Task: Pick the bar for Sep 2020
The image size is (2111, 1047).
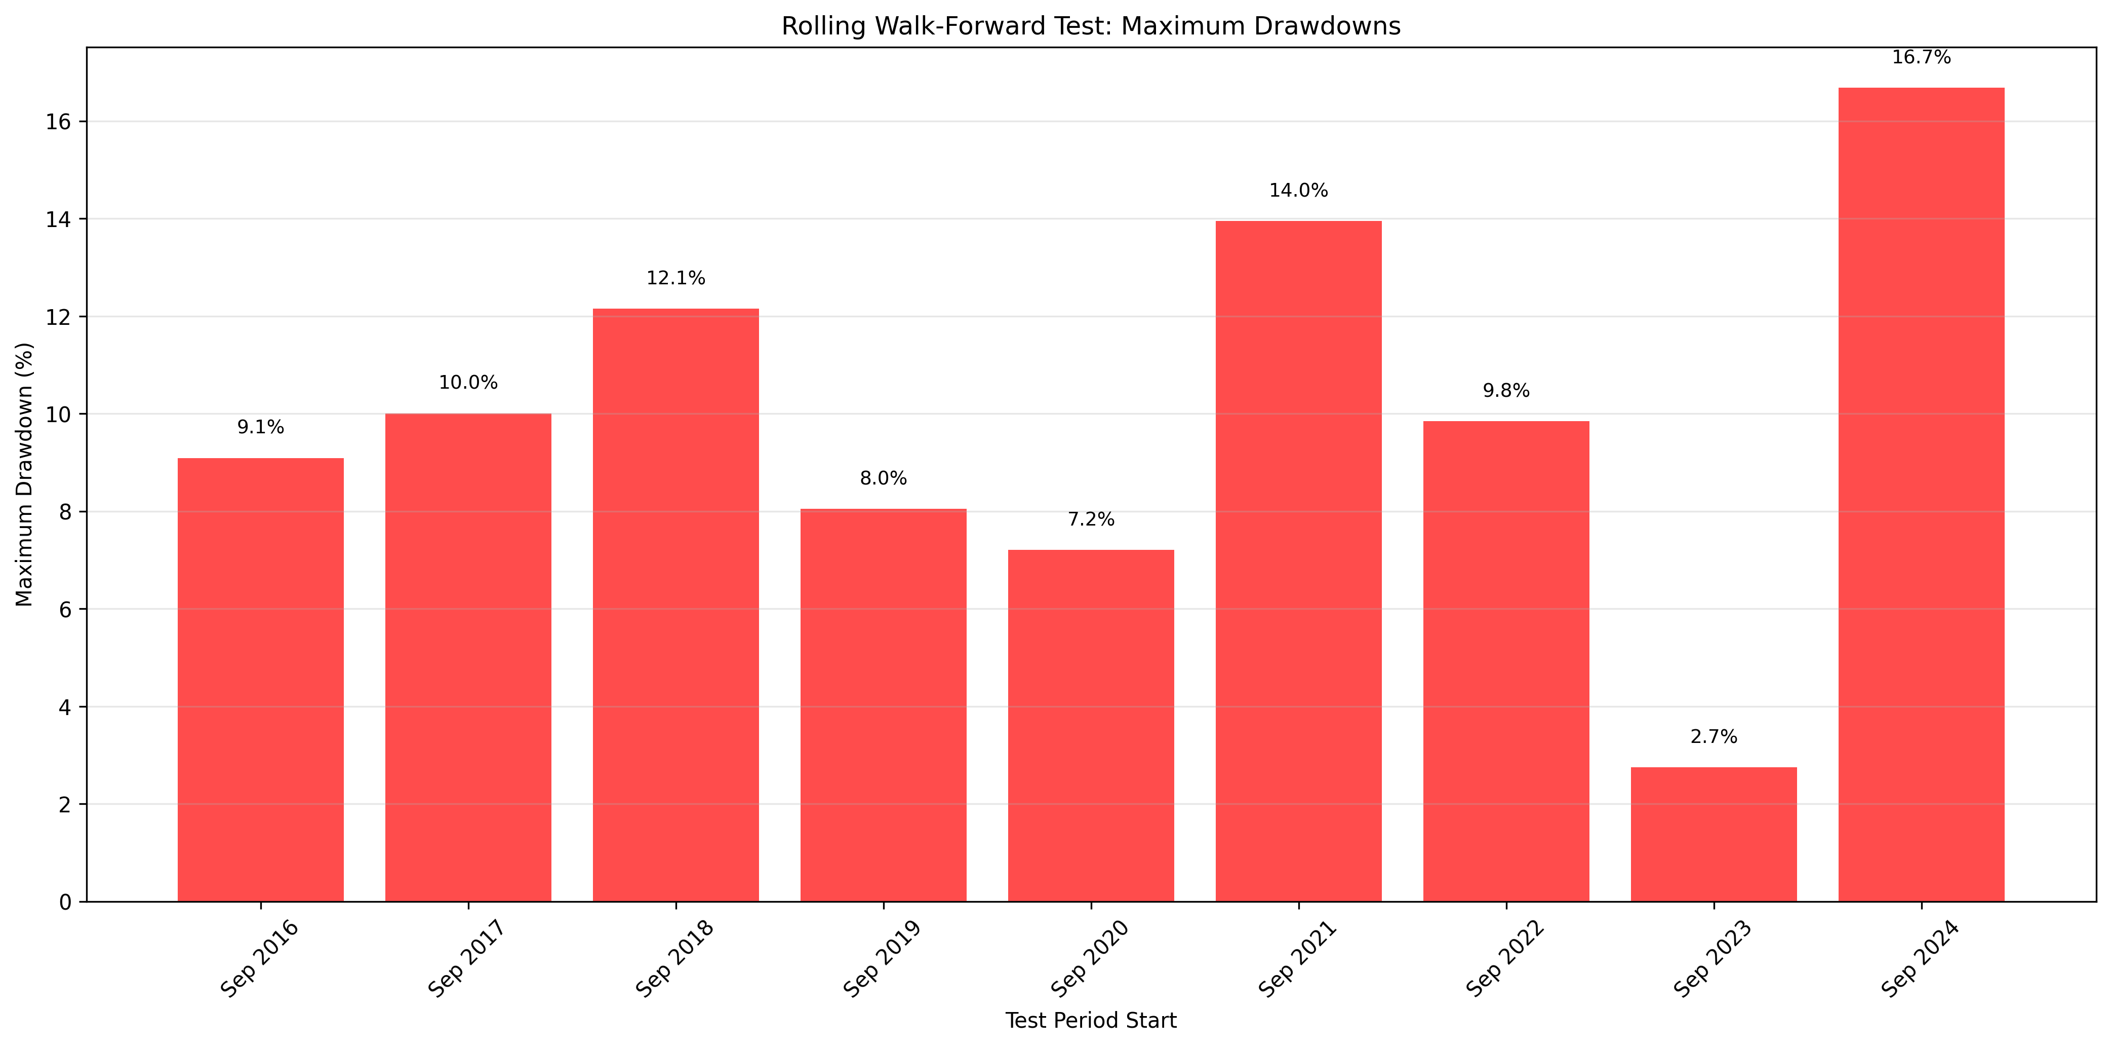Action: (1091, 726)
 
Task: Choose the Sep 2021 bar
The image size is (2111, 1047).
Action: (1298, 561)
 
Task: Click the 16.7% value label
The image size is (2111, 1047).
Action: (1921, 57)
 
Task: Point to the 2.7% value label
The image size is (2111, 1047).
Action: (1714, 736)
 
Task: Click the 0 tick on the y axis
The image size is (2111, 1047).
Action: (65, 902)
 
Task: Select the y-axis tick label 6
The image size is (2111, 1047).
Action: (65, 609)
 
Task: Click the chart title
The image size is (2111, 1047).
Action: (1091, 26)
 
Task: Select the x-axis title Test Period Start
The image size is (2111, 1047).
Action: (1091, 1021)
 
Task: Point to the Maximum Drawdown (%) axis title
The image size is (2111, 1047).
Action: (25, 475)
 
